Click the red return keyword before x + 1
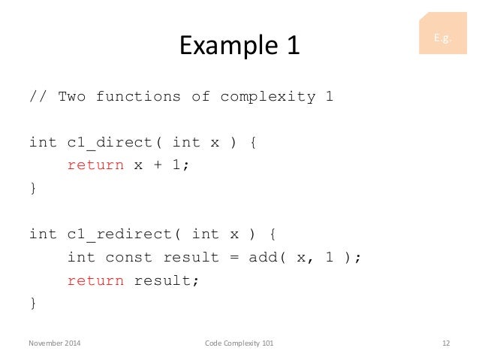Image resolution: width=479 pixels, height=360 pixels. pyautogui.click(x=95, y=165)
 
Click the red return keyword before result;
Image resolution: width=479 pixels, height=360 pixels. pyautogui.click(x=95, y=280)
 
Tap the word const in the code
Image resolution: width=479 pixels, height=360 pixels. pyautogui.click(x=128, y=257)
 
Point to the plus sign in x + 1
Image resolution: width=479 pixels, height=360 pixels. pyautogui.click(x=157, y=165)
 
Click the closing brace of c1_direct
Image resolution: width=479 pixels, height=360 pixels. pyautogui.click(x=32, y=189)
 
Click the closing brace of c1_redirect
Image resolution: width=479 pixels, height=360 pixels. pyautogui.click(x=32, y=303)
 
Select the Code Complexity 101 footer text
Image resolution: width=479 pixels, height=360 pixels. pyautogui.click(x=239, y=343)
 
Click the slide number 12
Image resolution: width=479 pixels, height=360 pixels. pyautogui.click(x=445, y=343)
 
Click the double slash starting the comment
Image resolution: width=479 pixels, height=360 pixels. pyautogui.click(x=38, y=96)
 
